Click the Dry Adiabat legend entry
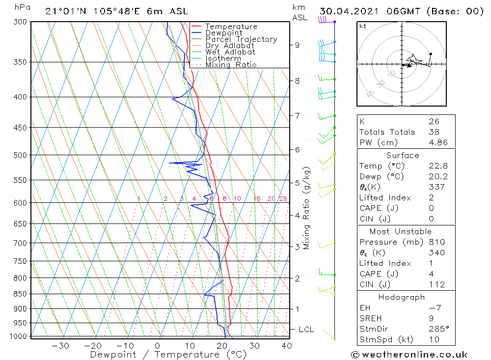tap(230, 46)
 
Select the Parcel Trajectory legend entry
tap(241, 39)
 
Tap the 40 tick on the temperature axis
tap(287, 346)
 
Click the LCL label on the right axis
tap(306, 329)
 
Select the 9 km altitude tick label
tap(297, 45)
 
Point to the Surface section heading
tap(403, 155)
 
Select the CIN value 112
tap(436, 284)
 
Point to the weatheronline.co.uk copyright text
tap(409, 355)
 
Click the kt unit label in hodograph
tap(362, 26)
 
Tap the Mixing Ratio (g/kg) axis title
tap(306, 208)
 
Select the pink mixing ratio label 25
tap(283, 198)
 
